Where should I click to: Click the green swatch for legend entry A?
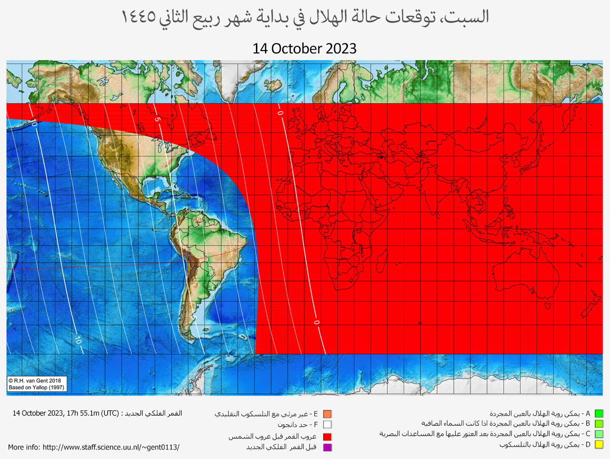click(x=599, y=414)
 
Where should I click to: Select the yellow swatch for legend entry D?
click(x=599, y=445)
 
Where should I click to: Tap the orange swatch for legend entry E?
click(x=327, y=414)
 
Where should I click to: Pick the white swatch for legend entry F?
click(x=327, y=424)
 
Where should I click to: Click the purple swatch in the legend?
click(x=327, y=447)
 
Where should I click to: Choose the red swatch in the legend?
click(x=327, y=437)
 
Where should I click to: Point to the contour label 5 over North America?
click(x=157, y=120)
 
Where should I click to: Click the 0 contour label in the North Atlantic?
click(x=280, y=113)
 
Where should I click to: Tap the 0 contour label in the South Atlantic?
click(x=316, y=323)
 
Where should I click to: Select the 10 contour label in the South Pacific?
click(x=78, y=340)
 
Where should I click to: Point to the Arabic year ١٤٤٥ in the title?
click(x=139, y=17)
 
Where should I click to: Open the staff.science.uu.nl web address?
click(x=111, y=447)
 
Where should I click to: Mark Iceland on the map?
click(x=274, y=86)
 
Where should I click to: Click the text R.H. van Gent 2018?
click(x=37, y=381)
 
